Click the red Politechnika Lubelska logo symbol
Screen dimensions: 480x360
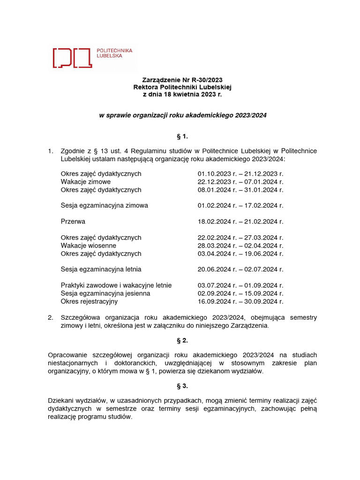click(72, 58)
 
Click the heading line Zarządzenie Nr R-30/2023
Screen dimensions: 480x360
click(182, 80)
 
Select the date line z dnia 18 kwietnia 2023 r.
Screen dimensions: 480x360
click(182, 94)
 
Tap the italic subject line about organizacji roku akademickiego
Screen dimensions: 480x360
click(182, 115)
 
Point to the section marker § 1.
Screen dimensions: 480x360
click(182, 136)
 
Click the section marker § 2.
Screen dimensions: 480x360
click(182, 340)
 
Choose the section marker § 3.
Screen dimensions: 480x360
click(182, 386)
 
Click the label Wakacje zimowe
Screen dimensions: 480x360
click(86, 182)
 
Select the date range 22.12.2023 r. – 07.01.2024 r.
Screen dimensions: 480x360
click(240, 182)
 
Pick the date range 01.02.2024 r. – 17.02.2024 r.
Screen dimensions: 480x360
click(240, 205)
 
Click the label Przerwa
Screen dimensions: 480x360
click(73, 222)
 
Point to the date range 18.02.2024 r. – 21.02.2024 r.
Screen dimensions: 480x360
click(240, 222)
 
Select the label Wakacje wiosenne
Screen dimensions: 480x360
click(89, 246)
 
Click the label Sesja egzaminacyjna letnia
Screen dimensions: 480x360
click(101, 270)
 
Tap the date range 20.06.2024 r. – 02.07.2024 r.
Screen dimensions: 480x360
click(240, 270)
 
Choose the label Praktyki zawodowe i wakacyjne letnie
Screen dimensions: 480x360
click(116, 285)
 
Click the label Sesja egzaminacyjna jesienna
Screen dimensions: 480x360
click(105, 293)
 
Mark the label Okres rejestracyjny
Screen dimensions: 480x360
click(90, 301)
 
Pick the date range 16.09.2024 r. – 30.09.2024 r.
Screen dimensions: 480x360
click(240, 301)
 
